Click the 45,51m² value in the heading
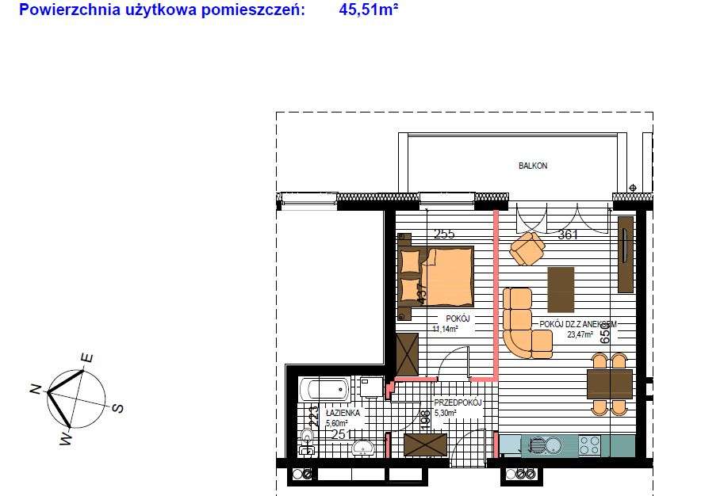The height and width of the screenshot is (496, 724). (x=369, y=10)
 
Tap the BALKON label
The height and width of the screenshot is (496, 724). (x=533, y=166)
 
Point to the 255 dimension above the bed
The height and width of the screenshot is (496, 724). (x=444, y=235)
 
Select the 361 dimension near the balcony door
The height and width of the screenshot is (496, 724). (x=568, y=235)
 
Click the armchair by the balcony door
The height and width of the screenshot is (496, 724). (x=527, y=249)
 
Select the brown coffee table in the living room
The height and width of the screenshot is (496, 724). (x=561, y=290)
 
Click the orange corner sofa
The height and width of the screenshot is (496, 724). (x=520, y=325)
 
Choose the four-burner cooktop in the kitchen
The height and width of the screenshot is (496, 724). (x=589, y=445)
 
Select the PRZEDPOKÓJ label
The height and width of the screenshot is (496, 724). (x=458, y=403)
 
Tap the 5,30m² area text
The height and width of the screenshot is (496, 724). (x=446, y=413)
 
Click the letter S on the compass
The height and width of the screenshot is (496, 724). (x=117, y=409)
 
